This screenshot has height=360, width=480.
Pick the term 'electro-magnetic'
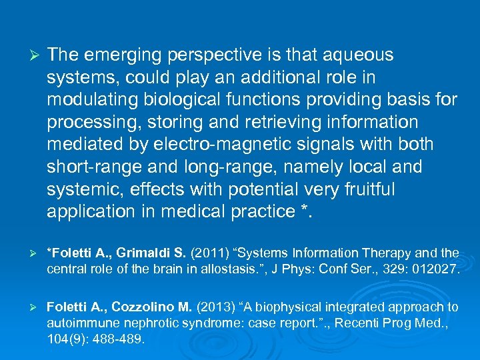pyautogui.click(x=214, y=145)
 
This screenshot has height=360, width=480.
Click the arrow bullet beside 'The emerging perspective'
pyautogui.click(x=29, y=55)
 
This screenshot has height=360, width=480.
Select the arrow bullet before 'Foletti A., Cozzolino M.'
pyautogui.click(x=29, y=307)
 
